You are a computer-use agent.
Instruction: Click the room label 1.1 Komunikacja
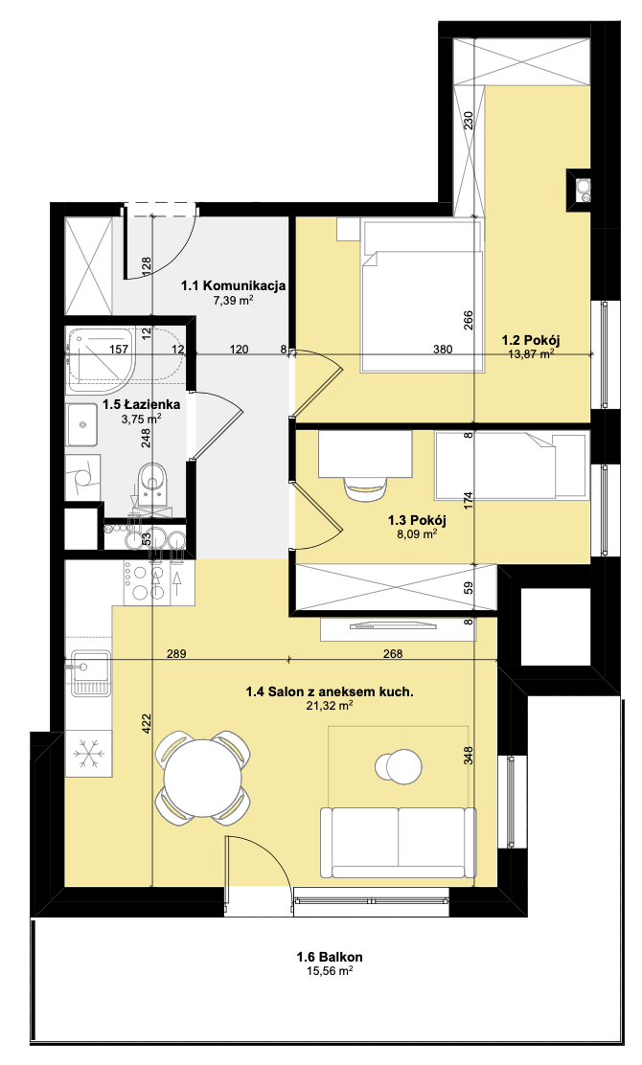(233, 286)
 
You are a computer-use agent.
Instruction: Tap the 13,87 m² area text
(531, 353)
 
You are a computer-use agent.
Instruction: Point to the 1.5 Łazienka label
(141, 405)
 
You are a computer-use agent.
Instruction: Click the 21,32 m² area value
(330, 707)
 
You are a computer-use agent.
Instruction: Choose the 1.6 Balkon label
(330, 957)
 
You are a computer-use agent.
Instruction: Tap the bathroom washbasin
(82, 424)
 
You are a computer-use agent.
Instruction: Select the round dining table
(202, 777)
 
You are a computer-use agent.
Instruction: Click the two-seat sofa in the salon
(398, 842)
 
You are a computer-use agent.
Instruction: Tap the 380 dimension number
(443, 350)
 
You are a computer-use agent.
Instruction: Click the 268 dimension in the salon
(393, 654)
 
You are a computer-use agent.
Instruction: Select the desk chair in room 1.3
(364, 487)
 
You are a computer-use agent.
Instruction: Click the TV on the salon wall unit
(391, 625)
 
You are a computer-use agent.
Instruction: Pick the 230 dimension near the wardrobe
(468, 121)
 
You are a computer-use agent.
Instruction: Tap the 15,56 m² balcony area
(330, 971)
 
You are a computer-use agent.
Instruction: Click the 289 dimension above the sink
(176, 654)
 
